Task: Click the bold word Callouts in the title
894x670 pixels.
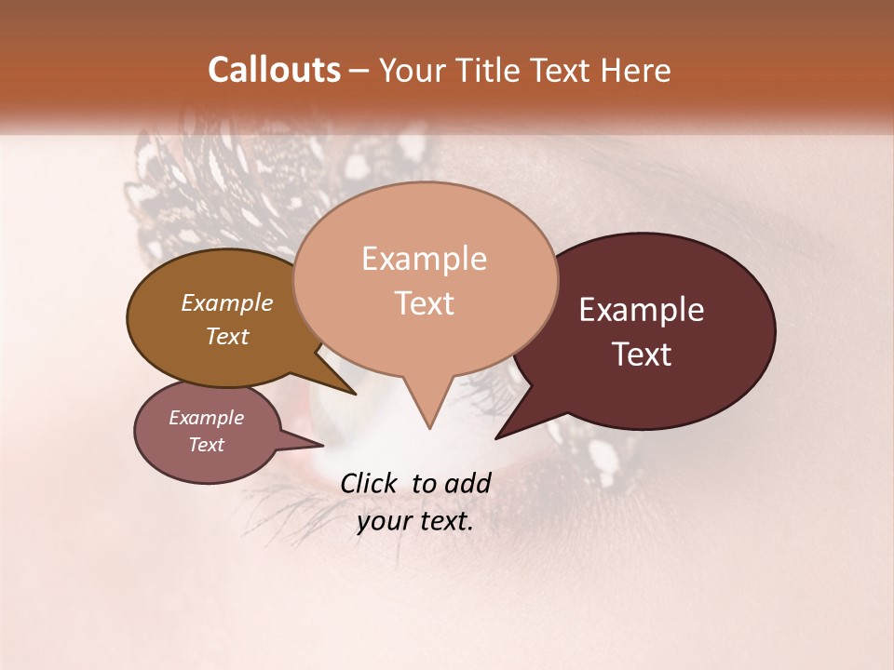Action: pos(274,70)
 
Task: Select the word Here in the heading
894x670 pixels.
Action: pos(635,70)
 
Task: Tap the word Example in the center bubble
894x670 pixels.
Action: pos(424,259)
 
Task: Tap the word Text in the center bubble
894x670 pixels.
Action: pos(424,303)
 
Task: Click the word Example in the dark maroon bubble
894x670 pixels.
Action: pos(642,310)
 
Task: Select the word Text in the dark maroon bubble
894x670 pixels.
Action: pos(643,355)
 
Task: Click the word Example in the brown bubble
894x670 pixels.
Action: pos(226,302)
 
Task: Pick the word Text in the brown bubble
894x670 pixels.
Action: pos(226,336)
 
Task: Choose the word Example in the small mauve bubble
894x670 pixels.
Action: pos(206,418)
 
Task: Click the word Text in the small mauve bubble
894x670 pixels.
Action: pos(206,445)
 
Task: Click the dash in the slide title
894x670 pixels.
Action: pos(359,71)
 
